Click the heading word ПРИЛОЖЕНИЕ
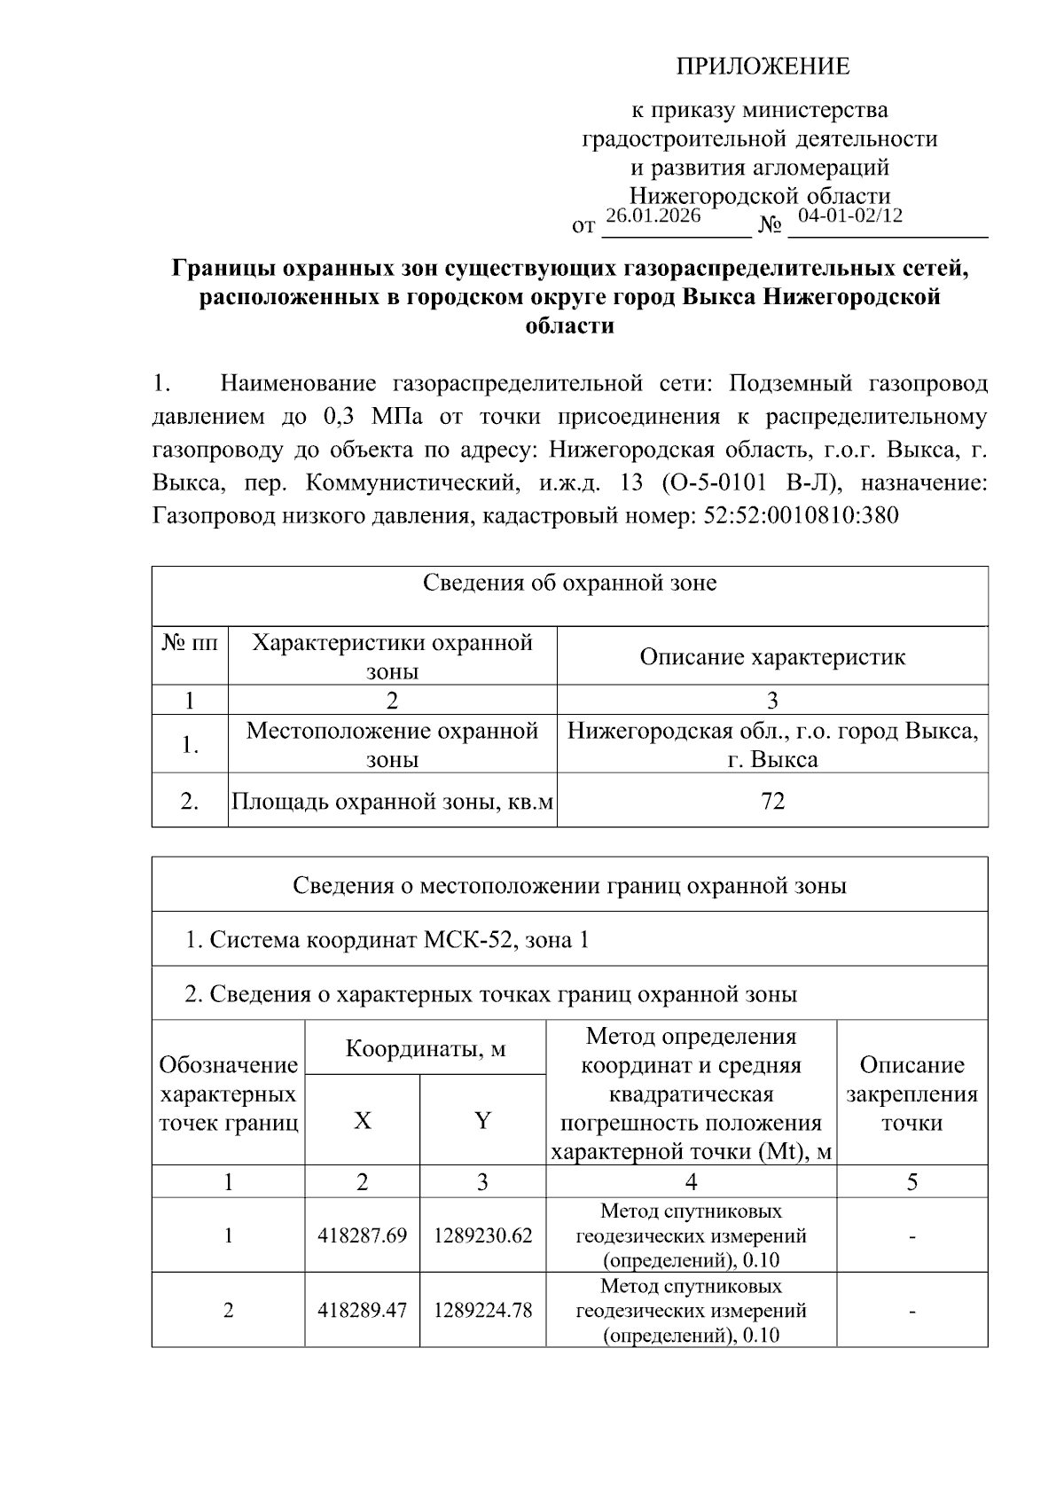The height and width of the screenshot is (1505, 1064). coord(763,67)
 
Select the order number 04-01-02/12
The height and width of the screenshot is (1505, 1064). coord(849,216)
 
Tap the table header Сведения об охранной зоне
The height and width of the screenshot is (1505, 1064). coord(569,584)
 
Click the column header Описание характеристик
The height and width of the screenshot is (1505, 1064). coord(771,657)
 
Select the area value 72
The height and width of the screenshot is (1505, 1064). coord(772,802)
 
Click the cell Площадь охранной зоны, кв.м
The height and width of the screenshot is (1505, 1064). coord(392,802)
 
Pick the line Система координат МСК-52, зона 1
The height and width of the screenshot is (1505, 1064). coord(387,940)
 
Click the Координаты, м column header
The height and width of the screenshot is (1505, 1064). coord(425,1049)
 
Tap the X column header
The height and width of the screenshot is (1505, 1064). coord(362,1121)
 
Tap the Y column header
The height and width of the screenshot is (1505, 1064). coord(482,1121)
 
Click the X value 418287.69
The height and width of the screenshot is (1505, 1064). coord(362,1235)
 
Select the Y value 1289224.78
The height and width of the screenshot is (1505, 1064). coord(482,1310)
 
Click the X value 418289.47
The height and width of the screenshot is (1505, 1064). coord(362,1310)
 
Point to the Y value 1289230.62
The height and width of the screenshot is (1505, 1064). coord(482,1235)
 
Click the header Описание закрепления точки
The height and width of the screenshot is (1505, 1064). coord(911,1093)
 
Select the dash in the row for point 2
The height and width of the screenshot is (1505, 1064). coord(911,1311)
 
